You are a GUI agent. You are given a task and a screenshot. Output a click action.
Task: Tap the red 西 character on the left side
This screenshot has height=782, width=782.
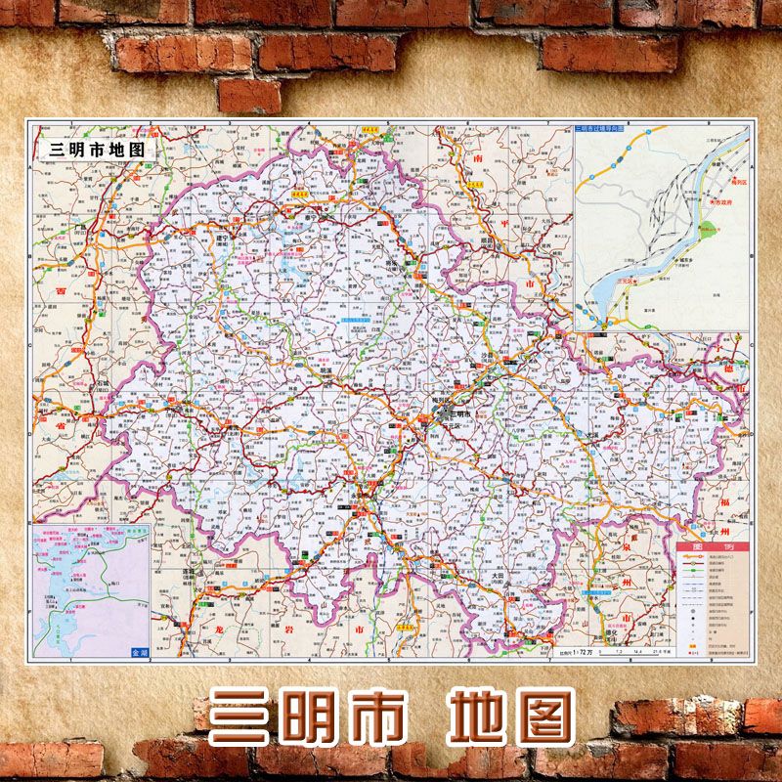pos(60,291)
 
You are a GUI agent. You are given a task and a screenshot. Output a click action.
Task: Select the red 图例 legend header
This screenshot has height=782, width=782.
pos(712,547)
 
